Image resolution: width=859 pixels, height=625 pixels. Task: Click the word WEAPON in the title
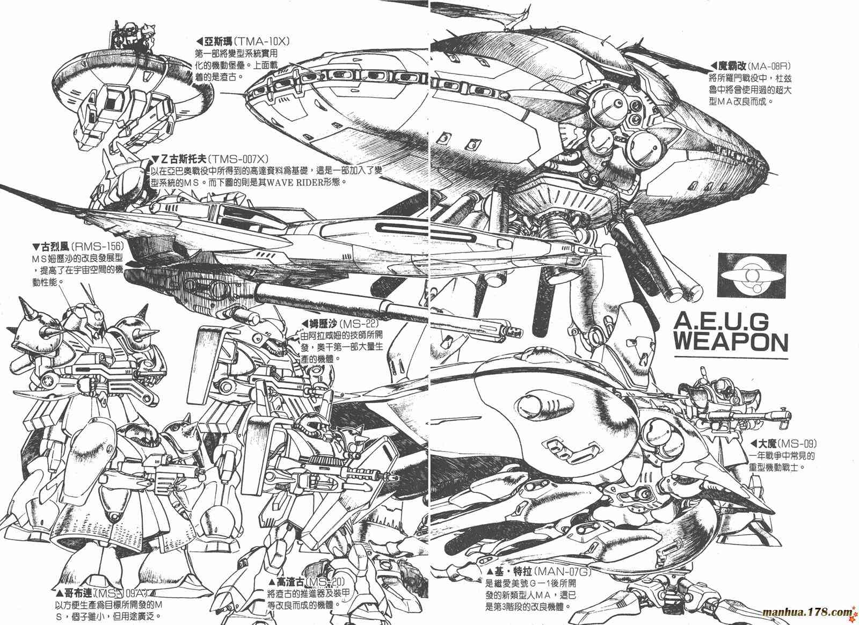pos(731,342)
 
